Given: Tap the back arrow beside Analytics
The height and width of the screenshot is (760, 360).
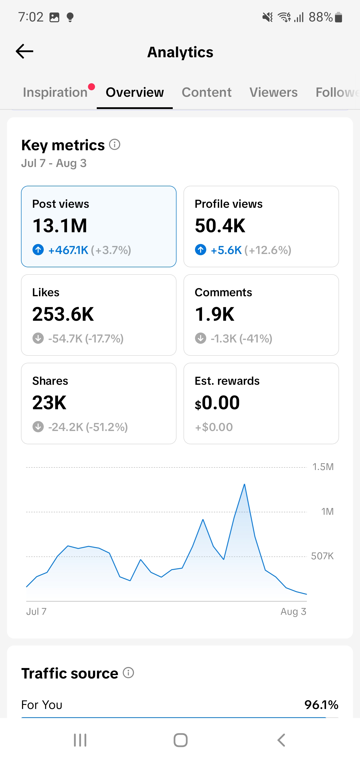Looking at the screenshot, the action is (x=24, y=51).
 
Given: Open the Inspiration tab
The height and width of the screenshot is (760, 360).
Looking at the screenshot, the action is (x=55, y=92).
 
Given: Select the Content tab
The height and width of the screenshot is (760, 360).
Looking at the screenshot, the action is (x=206, y=92).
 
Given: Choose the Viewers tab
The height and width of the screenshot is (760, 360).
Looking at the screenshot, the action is (x=273, y=92).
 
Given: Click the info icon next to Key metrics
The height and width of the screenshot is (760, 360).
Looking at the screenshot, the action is (x=114, y=144).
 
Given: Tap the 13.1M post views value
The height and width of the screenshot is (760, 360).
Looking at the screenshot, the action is (x=59, y=226).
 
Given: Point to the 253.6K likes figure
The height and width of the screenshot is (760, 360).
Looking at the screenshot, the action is (x=63, y=314).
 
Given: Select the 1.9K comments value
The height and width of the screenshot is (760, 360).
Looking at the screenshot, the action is (x=214, y=314).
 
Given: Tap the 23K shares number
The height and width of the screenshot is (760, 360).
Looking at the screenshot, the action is (x=49, y=402).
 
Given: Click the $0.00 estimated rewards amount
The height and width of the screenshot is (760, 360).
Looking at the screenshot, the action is (x=217, y=403).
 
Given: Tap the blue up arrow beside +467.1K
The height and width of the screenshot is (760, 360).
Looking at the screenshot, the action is (x=38, y=250).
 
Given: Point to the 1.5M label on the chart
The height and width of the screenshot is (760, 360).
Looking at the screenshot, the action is (x=323, y=467).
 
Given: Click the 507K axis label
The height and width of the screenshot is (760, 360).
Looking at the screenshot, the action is (x=322, y=556).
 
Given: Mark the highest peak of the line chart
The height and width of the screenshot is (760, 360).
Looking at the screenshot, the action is (x=244, y=484).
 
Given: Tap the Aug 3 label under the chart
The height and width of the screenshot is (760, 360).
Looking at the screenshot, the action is (x=293, y=611).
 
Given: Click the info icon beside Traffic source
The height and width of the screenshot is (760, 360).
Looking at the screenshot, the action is (x=128, y=673).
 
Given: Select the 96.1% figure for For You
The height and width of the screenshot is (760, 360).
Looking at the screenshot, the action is (x=321, y=705).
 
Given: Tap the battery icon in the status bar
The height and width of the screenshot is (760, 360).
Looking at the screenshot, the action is (x=339, y=17).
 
